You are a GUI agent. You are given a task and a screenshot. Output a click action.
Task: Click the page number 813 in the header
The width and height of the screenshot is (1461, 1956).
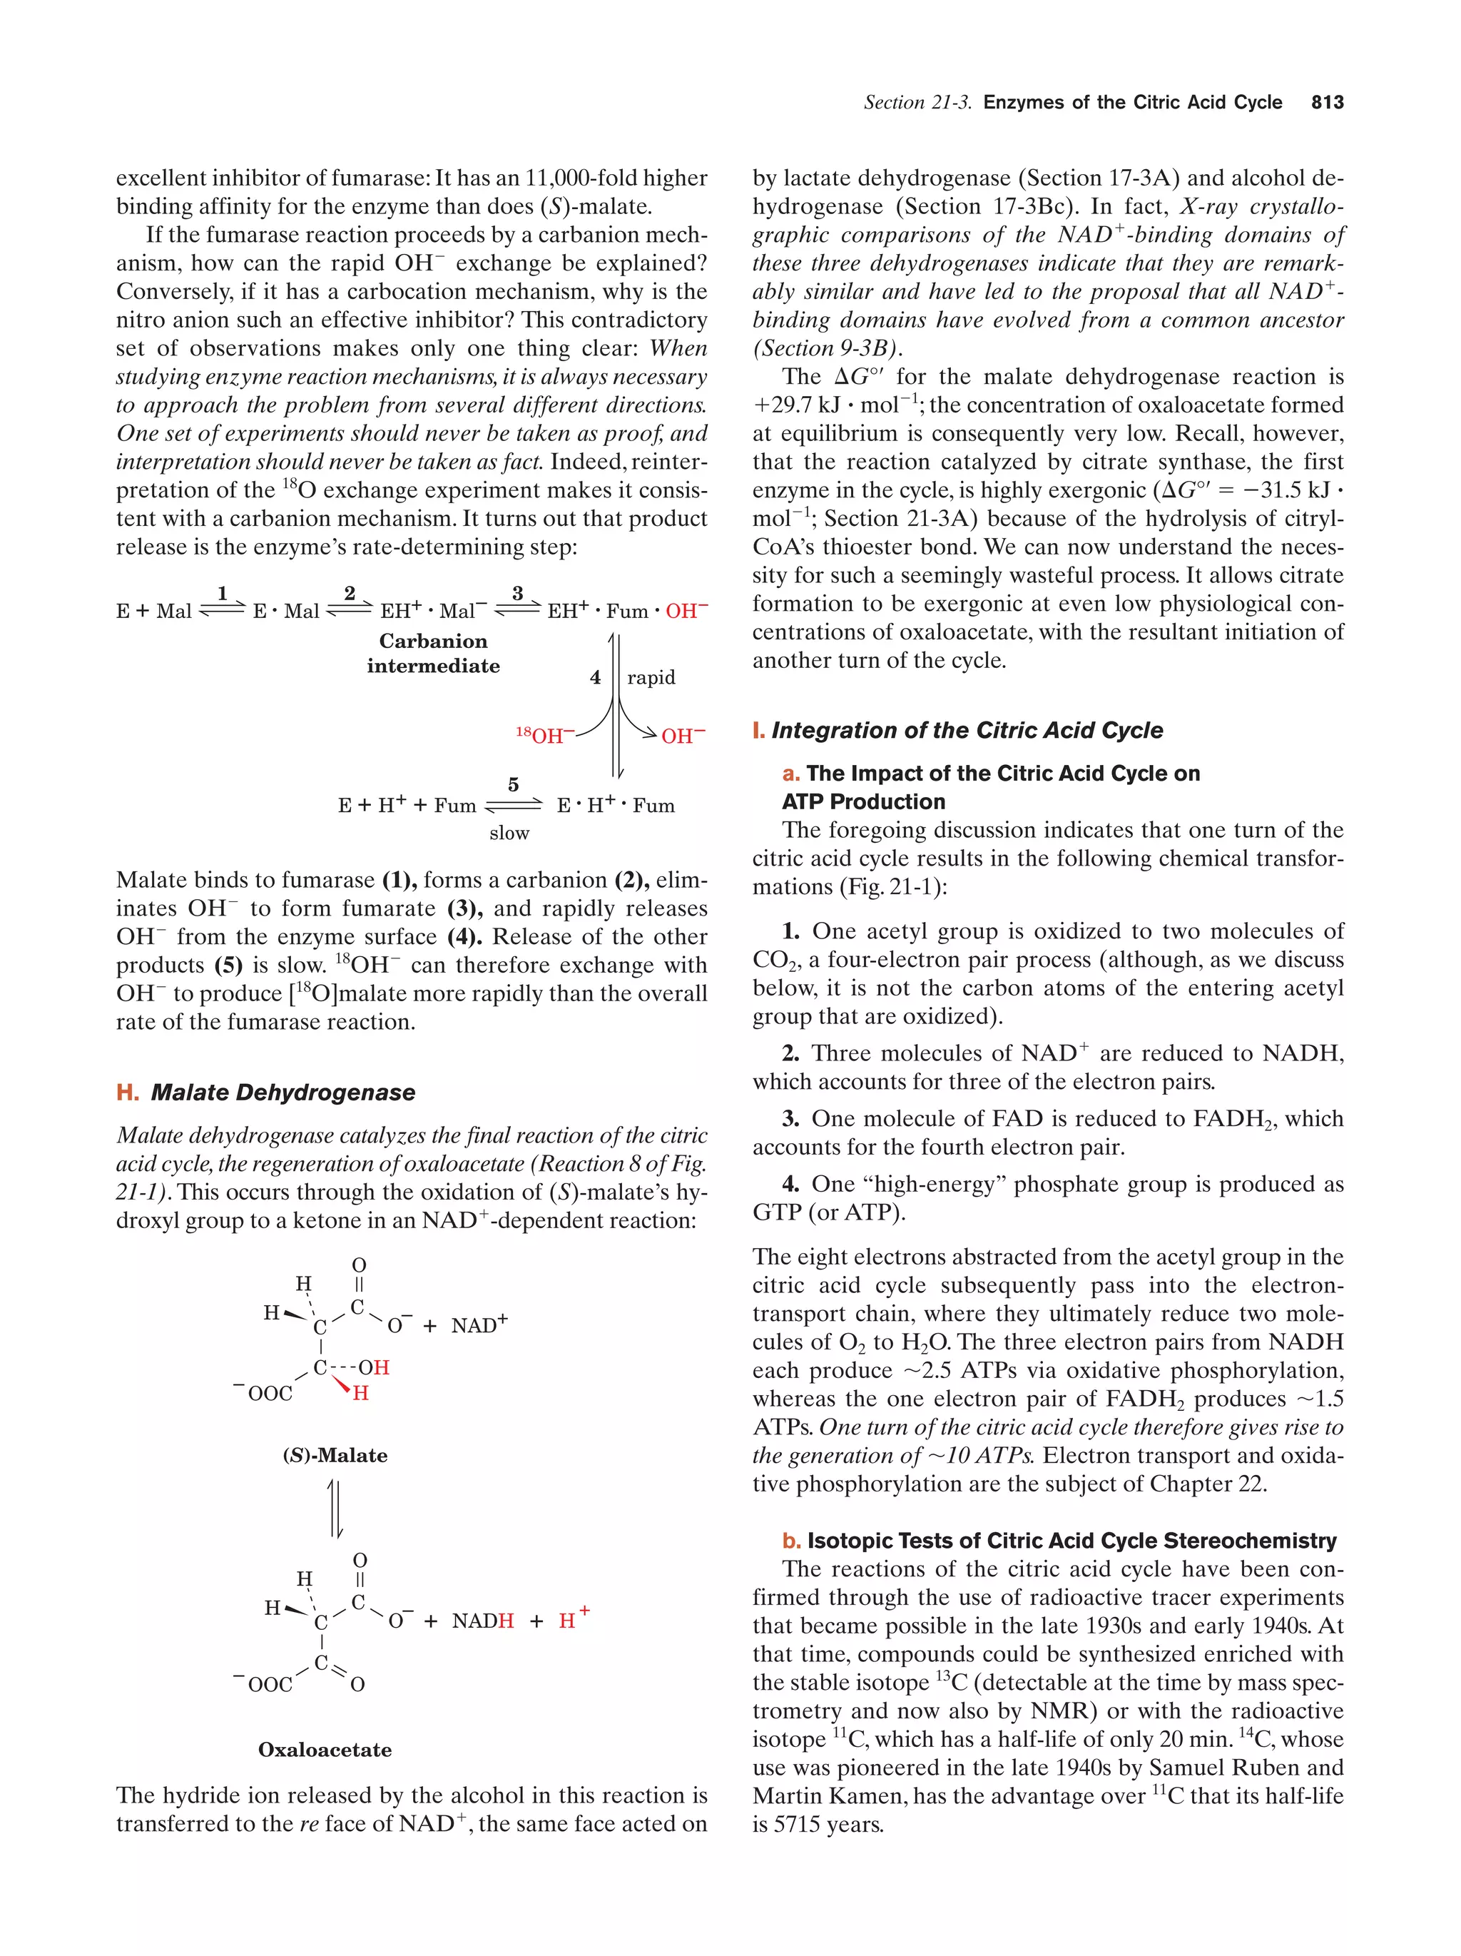pyautogui.click(x=1327, y=103)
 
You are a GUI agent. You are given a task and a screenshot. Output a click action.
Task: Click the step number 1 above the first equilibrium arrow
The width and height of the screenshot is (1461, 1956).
pyautogui.click(x=222, y=592)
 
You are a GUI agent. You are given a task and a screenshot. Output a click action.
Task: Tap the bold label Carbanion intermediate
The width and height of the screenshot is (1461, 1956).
pyautogui.click(x=433, y=654)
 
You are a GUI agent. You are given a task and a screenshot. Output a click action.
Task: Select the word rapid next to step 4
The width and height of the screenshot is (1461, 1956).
pyautogui.click(x=651, y=677)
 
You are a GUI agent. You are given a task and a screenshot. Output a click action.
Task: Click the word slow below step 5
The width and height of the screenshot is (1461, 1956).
pyautogui.click(x=509, y=833)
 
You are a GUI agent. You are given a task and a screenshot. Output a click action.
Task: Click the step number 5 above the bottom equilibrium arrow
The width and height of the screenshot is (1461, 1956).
pyautogui.click(x=514, y=784)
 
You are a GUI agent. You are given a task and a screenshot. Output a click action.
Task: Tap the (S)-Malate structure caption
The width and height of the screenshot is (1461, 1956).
pyautogui.click(x=335, y=1456)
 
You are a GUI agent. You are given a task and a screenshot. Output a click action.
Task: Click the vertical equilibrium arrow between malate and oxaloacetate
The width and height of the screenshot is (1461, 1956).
pyautogui.click(x=335, y=1509)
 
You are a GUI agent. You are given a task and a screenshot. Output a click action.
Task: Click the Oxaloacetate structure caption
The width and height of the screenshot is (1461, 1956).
pyautogui.click(x=325, y=1750)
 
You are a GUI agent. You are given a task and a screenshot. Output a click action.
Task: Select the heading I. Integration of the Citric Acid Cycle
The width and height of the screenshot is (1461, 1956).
pyautogui.click(x=957, y=731)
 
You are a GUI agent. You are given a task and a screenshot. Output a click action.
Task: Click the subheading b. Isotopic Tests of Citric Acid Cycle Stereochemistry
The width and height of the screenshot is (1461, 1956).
pyautogui.click(x=1059, y=1541)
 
